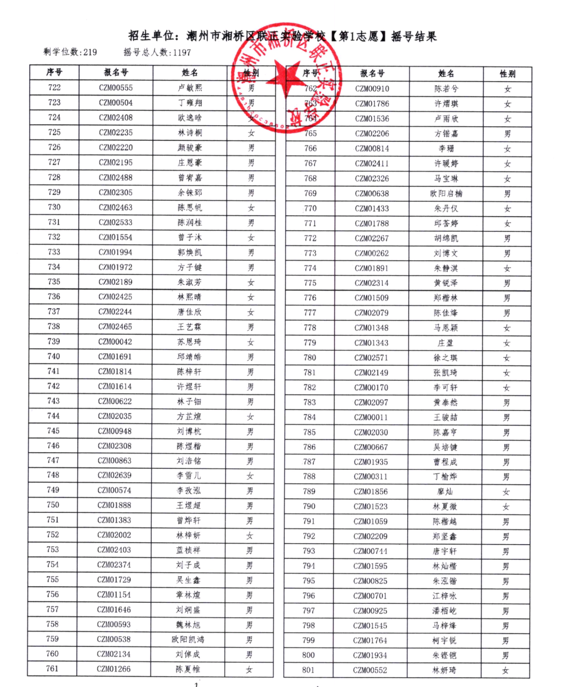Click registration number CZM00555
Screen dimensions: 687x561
point(116,88)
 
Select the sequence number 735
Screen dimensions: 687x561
point(54,282)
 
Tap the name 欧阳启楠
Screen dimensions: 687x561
point(446,194)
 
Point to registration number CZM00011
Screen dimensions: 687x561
point(371,417)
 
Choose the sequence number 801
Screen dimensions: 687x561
point(309,670)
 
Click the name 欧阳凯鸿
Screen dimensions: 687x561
point(188,639)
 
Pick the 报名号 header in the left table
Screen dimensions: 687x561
point(116,72)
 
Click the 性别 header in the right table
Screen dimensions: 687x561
point(507,74)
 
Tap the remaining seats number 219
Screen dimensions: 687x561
point(90,52)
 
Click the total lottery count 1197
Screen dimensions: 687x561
point(182,52)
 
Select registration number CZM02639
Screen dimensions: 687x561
point(115,475)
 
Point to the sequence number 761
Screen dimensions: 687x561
point(52,668)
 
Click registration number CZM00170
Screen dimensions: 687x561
point(371,388)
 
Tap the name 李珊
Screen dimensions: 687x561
point(446,149)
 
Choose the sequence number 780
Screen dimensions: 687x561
point(310,358)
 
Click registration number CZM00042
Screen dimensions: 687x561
point(115,341)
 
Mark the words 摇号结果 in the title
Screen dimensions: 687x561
point(414,36)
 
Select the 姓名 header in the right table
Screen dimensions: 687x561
point(446,74)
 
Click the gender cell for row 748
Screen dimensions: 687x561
point(250,476)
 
